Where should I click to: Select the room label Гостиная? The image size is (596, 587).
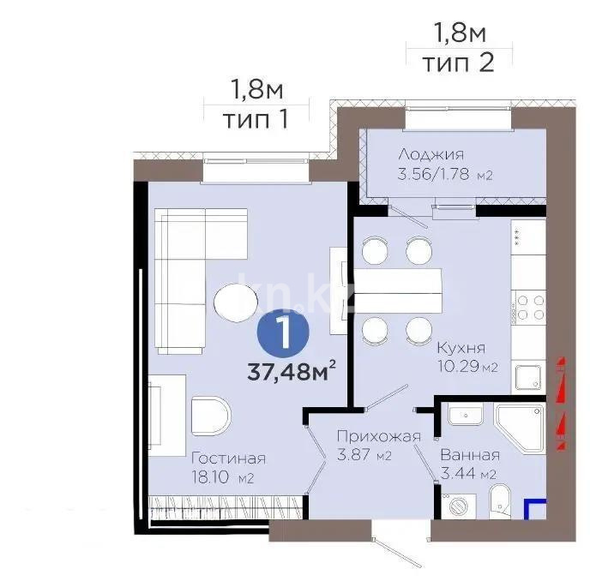point(228,458)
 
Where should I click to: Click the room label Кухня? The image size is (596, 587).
point(461,349)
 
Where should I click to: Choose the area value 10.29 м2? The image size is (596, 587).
point(466,368)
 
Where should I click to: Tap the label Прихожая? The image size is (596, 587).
point(378,436)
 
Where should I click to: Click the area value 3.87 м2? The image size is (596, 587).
point(364,456)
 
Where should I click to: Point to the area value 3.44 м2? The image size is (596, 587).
point(468,474)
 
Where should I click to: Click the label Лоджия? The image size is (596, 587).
point(430,155)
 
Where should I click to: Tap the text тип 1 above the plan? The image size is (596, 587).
point(255,118)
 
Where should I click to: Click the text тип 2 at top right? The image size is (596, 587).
point(459,63)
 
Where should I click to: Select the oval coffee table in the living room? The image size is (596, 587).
point(235,302)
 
